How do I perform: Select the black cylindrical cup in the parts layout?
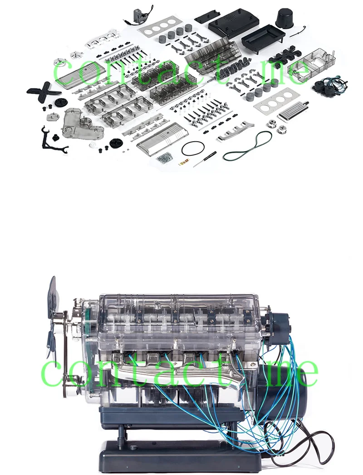285,18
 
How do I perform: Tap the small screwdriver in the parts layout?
205,158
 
